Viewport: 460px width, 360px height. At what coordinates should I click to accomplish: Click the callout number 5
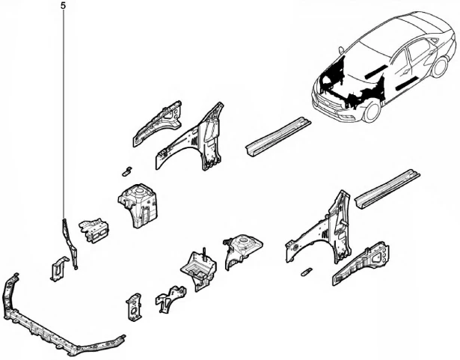click(64, 5)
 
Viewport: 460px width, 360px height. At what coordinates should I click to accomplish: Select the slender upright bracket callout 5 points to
click(70, 244)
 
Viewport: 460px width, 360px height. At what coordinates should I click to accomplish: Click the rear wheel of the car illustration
click(440, 67)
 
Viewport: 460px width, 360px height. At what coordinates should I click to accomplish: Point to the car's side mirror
click(341, 50)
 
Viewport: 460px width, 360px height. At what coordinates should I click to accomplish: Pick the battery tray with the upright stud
click(199, 270)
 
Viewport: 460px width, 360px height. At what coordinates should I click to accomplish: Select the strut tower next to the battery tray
click(242, 249)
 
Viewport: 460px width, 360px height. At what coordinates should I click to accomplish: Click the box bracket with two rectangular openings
click(94, 231)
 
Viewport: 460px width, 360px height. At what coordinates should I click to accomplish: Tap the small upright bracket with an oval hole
click(134, 307)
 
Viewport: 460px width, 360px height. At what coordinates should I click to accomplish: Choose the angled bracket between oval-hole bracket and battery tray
click(170, 298)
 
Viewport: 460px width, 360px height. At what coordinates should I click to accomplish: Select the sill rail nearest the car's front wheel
click(277, 137)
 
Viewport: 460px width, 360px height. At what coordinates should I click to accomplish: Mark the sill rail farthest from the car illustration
click(387, 189)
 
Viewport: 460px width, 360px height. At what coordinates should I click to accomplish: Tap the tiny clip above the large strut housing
click(126, 171)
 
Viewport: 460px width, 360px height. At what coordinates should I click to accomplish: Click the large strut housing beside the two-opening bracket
click(138, 206)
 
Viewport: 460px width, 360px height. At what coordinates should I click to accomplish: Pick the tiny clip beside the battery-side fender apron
click(306, 272)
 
